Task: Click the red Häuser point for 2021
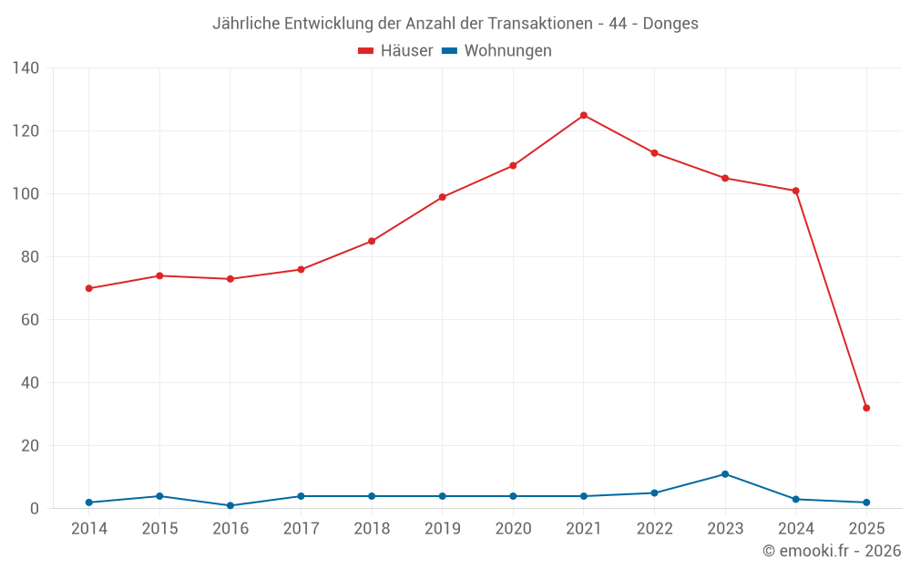(x=584, y=115)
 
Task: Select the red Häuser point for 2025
(x=866, y=408)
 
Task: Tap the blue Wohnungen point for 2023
(x=725, y=474)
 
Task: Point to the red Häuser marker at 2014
(x=89, y=288)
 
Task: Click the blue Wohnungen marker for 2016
(x=230, y=505)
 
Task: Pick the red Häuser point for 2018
(x=372, y=241)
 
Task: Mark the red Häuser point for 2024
(x=795, y=191)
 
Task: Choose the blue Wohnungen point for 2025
(x=866, y=503)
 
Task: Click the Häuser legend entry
(x=395, y=51)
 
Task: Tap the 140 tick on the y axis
(x=26, y=68)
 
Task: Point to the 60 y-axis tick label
(x=30, y=320)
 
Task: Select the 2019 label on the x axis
(x=443, y=529)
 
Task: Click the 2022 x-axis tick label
(x=654, y=529)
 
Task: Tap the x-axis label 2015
(x=159, y=529)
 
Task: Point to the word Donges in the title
(x=670, y=24)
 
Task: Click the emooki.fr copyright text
(x=832, y=551)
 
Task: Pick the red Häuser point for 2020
(x=513, y=165)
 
